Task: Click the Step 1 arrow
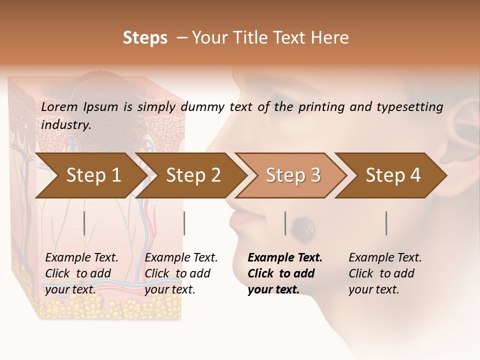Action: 90,175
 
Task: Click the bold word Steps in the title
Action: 145,38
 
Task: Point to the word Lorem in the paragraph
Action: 59,106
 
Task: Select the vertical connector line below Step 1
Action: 84,223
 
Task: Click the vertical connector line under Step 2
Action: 184,223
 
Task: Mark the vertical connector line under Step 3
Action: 285,223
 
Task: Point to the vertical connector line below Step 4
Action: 386,223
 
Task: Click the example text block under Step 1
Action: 81,273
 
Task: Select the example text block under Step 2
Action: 181,273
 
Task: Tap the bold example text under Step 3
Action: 285,273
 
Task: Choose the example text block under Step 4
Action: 385,273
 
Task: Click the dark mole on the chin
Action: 304,228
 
